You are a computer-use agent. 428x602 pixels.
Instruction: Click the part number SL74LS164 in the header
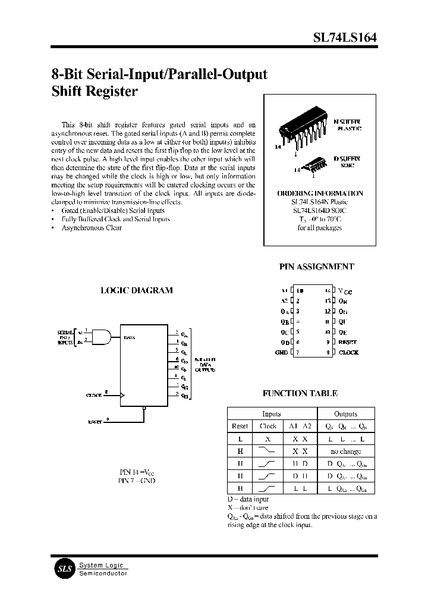click(344, 37)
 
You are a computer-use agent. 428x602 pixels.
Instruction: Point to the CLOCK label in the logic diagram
click(95, 395)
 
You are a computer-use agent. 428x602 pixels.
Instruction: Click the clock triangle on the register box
click(123, 394)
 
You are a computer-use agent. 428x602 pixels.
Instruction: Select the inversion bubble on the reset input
click(145, 409)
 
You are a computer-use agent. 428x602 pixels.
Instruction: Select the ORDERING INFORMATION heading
click(320, 194)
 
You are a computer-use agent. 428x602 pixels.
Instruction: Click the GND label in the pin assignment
click(282, 353)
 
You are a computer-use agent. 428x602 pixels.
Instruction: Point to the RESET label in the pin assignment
click(347, 342)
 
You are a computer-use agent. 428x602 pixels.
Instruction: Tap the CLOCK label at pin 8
click(348, 353)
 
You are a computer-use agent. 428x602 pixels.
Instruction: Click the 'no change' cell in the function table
click(345, 451)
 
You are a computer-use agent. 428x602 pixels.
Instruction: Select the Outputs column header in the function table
click(345, 413)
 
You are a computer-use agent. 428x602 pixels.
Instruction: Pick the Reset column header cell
click(240, 426)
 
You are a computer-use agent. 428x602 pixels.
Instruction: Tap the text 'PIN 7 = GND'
click(137, 481)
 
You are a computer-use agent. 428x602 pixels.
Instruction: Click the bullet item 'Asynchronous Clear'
click(92, 228)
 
